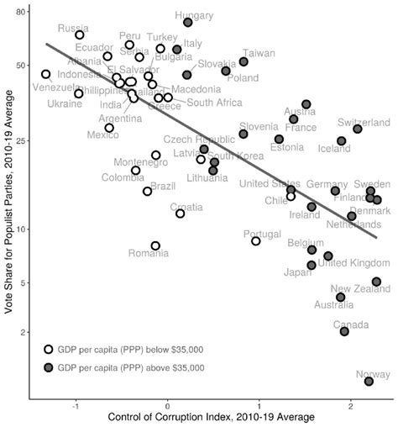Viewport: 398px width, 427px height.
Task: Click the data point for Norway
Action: pyautogui.click(x=369, y=381)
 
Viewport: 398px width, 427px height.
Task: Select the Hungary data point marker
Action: pyautogui.click(x=188, y=23)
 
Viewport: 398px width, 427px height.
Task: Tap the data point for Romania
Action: pyautogui.click(x=155, y=245)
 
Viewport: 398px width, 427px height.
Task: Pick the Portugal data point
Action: pyautogui.click(x=256, y=241)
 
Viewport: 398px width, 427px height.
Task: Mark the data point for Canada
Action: pyautogui.click(x=344, y=331)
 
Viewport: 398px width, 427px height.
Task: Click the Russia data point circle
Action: pyautogui.click(x=80, y=34)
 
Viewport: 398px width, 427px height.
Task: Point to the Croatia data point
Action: pyautogui.click(x=181, y=213)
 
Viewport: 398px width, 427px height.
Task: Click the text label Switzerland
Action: pyautogui.click(x=364, y=123)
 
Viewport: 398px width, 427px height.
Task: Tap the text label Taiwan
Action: pyautogui.click(x=259, y=53)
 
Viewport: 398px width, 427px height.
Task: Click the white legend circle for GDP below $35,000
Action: pyautogui.click(x=50, y=349)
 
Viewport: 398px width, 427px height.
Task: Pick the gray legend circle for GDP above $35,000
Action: pyautogui.click(x=50, y=367)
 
